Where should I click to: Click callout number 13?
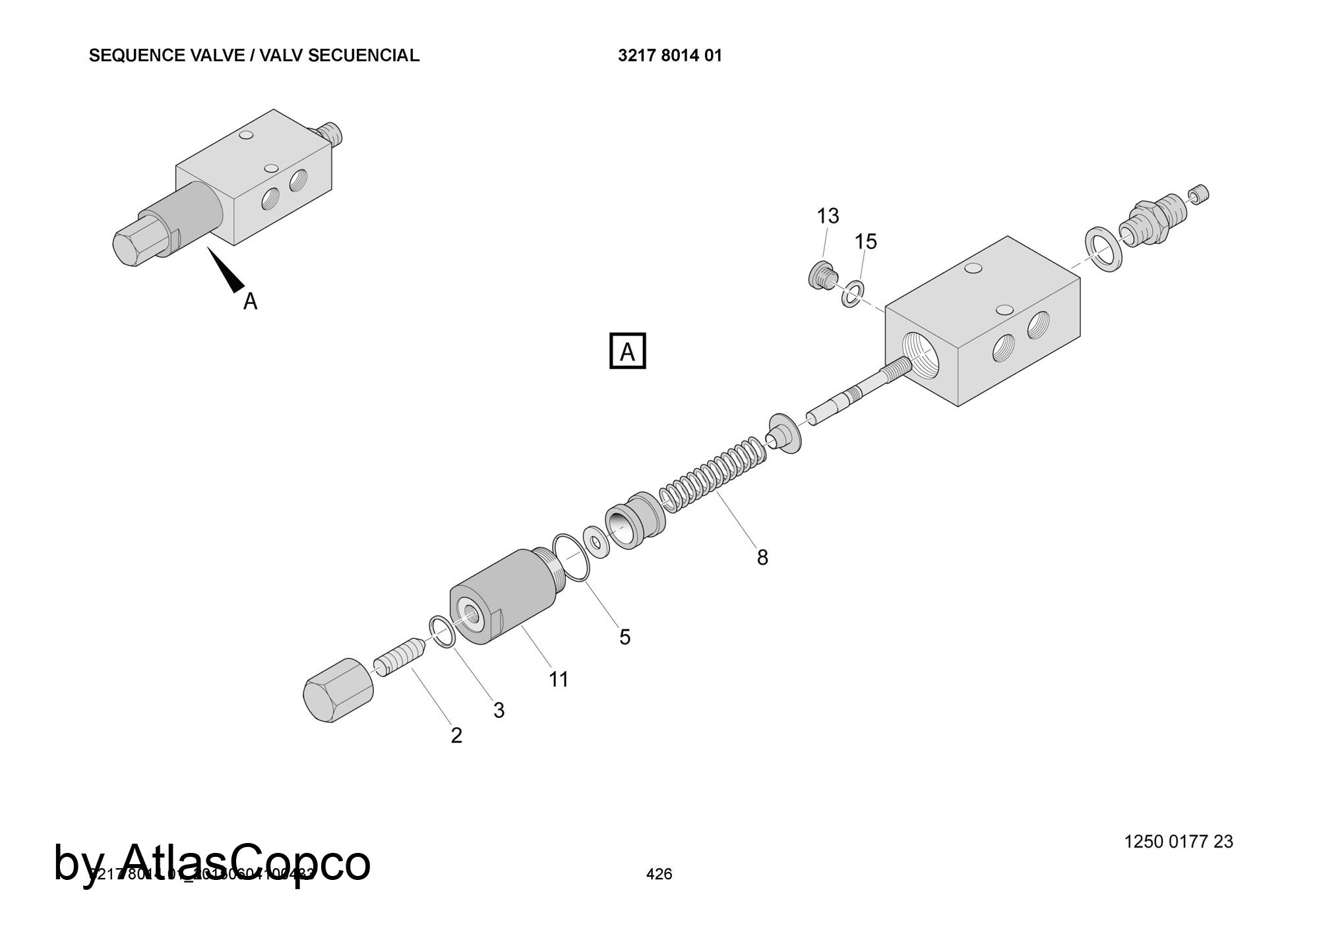pyautogui.click(x=828, y=216)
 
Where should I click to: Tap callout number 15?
pyautogui.click(x=866, y=243)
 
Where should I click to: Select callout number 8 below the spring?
pyautogui.click(x=762, y=558)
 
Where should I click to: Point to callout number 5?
pyautogui.click(x=625, y=637)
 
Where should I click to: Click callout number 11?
pyautogui.click(x=559, y=679)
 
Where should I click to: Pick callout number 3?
pyautogui.click(x=499, y=710)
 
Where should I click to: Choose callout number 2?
pyautogui.click(x=456, y=736)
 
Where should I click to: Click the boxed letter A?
pyautogui.click(x=627, y=352)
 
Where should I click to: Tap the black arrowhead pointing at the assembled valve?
pyautogui.click(x=227, y=272)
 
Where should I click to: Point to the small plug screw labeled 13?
pyautogui.click(x=822, y=275)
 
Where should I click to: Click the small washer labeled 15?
pyautogui.click(x=853, y=293)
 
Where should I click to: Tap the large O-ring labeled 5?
pyautogui.click(x=571, y=558)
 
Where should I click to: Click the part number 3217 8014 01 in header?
pyautogui.click(x=669, y=56)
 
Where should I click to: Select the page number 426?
pyautogui.click(x=659, y=874)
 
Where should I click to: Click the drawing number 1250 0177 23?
pyautogui.click(x=1178, y=842)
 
